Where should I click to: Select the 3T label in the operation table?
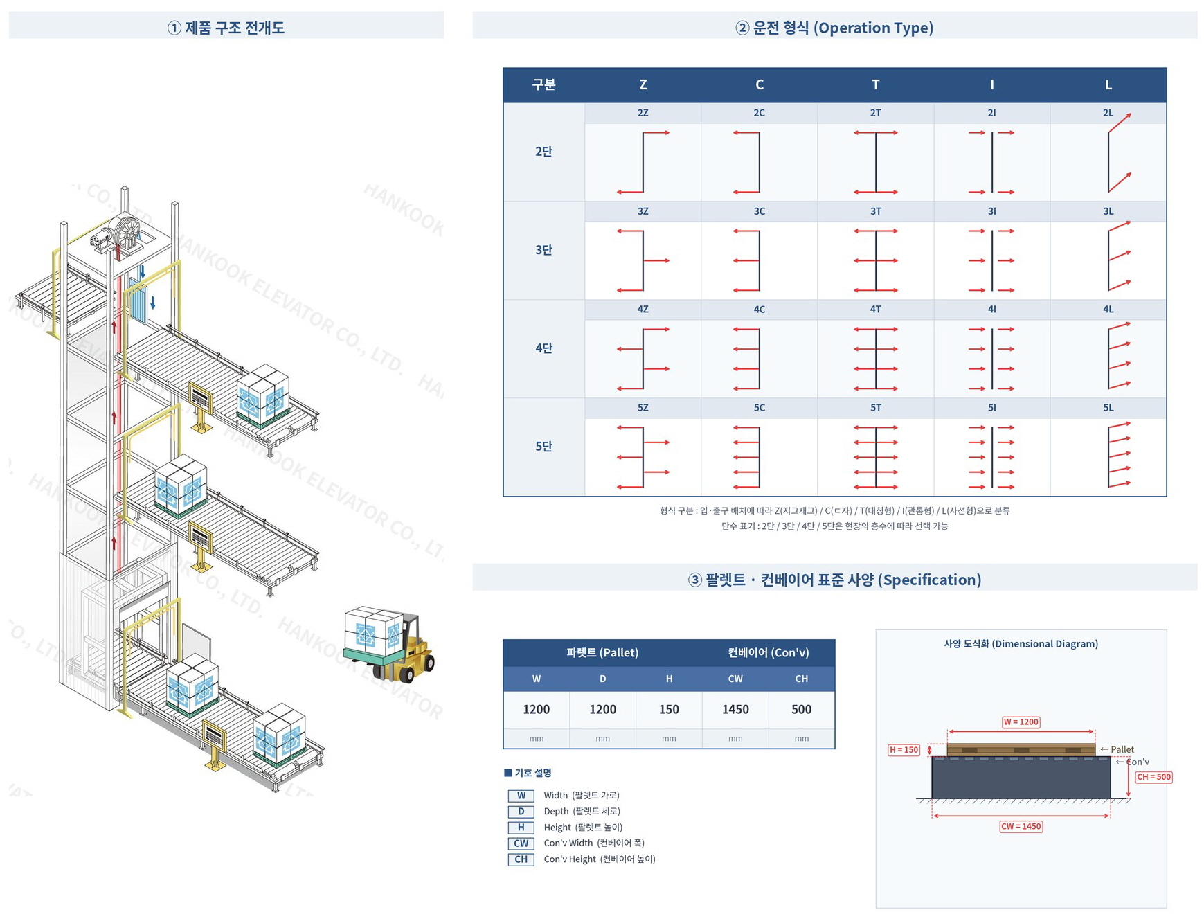[x=875, y=211]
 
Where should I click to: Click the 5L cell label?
[x=1108, y=408]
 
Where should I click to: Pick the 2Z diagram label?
[x=643, y=113]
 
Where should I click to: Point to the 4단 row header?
[x=543, y=348]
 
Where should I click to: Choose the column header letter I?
[x=991, y=84]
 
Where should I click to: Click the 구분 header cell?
[x=543, y=84]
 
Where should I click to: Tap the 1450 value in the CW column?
[x=735, y=709]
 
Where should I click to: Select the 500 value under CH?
[x=801, y=709]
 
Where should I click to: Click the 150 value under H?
[x=669, y=709]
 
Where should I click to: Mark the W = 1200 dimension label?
[x=1021, y=722]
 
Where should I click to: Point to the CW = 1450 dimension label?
[x=1021, y=826]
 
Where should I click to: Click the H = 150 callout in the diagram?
[x=904, y=750]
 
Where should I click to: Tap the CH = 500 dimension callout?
[x=1153, y=777]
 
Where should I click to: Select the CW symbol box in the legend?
[x=521, y=843]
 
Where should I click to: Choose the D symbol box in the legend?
[x=521, y=812]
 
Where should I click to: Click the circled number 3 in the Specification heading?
[x=695, y=580]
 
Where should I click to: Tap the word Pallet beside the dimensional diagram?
[x=1122, y=749]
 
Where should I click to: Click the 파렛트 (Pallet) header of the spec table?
[x=602, y=652]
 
